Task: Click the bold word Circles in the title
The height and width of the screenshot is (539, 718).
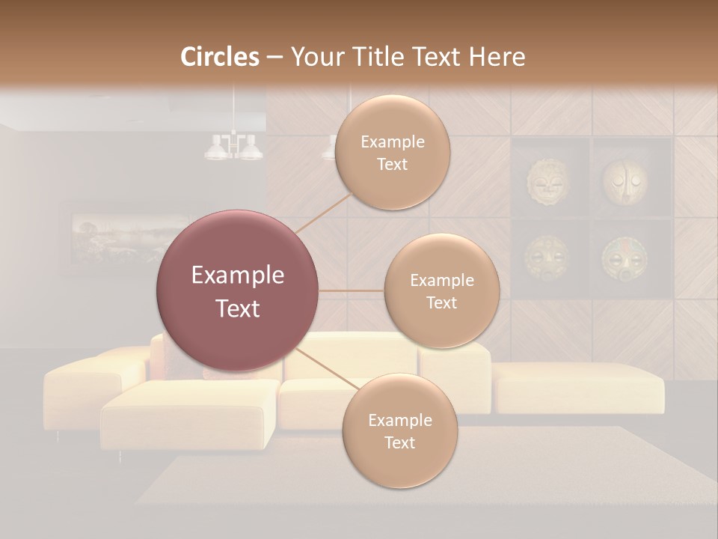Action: click(x=220, y=57)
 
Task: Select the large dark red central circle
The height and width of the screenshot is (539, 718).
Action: click(x=237, y=290)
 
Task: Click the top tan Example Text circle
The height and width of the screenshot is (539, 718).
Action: click(x=393, y=153)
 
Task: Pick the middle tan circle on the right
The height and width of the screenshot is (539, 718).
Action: click(x=441, y=290)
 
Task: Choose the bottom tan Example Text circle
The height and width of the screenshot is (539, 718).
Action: click(x=399, y=431)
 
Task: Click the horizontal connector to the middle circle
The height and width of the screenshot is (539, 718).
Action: click(x=351, y=290)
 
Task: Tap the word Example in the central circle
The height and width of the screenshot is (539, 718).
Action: click(x=237, y=275)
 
